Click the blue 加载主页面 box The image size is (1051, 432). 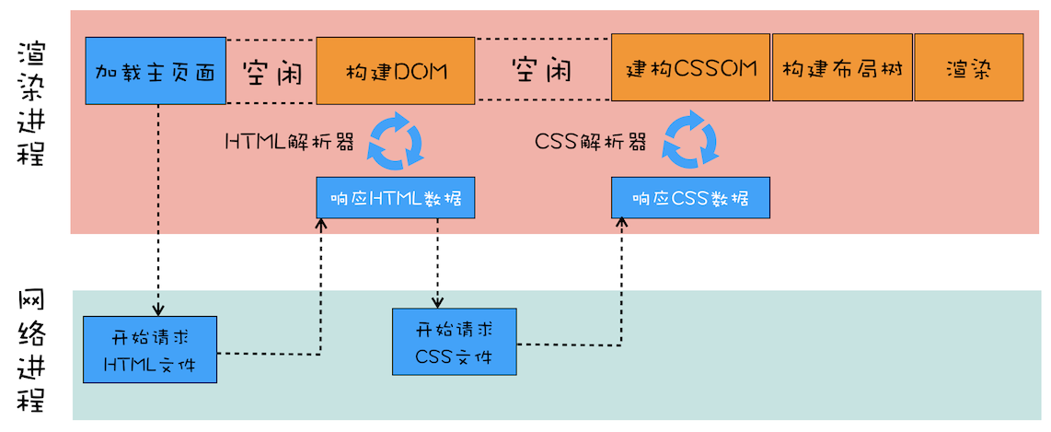[x=156, y=70]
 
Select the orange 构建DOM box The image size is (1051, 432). [x=396, y=70]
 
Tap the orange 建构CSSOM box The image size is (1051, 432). [x=690, y=68]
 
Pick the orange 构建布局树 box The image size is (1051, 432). [x=842, y=68]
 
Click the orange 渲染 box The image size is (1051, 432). [x=968, y=68]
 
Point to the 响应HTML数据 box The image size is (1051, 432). [x=396, y=198]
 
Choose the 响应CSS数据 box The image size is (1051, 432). [x=690, y=198]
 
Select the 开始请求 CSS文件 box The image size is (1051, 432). [x=454, y=342]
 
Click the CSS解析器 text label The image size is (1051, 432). [x=590, y=142]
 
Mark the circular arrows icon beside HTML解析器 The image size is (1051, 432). [x=395, y=141]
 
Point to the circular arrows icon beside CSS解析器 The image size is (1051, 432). [x=691, y=141]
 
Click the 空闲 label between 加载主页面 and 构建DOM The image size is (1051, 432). [x=271, y=71]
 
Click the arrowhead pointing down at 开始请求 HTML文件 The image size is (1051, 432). [x=158, y=309]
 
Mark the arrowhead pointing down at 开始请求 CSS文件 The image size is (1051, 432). [x=437, y=302]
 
